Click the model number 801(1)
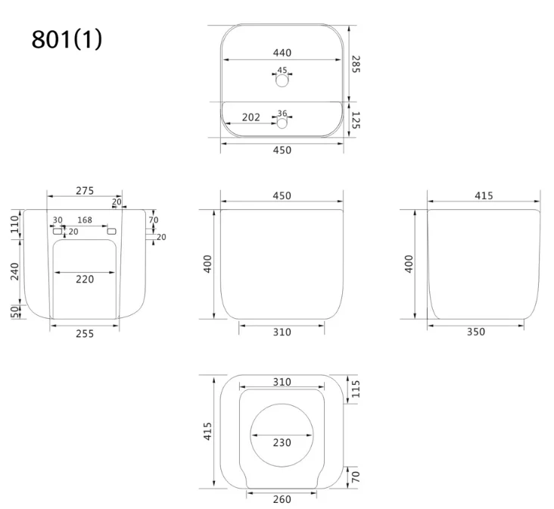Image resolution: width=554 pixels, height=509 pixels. tap(67, 39)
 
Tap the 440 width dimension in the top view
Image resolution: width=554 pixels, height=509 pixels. tap(282, 53)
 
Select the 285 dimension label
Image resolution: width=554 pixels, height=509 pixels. tap(356, 64)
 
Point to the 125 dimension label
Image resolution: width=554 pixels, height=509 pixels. tap(356, 120)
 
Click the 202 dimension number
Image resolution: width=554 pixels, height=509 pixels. tap(251, 117)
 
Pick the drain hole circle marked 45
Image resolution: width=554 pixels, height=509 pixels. tap(282, 80)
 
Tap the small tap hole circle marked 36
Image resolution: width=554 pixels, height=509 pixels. tap(282, 123)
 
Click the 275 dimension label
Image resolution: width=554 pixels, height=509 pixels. tap(85, 191)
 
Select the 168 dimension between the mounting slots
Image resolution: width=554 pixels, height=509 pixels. tap(85, 220)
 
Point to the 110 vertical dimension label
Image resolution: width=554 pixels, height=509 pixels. tap(15, 224)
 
